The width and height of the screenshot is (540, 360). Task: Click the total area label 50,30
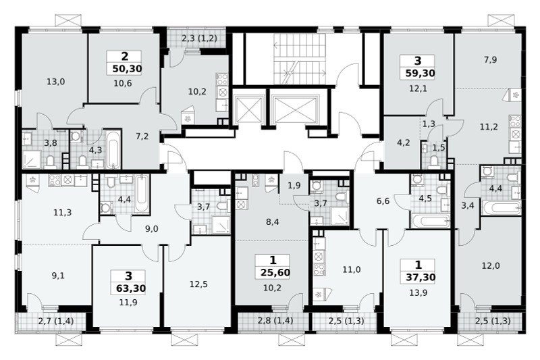pos(127,69)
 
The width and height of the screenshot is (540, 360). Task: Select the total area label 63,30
pos(131,288)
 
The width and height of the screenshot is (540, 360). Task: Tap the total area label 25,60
pos(275,273)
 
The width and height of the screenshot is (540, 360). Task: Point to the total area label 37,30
pos(421,278)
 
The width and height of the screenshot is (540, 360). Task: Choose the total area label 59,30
pos(420,74)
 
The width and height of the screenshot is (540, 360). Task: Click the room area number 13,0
pos(55,82)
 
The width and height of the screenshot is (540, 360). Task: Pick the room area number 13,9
pos(418,293)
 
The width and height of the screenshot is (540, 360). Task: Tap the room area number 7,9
pos(490,60)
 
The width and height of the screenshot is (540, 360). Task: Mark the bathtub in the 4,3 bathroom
pos(113,149)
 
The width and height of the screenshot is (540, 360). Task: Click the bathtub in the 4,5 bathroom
pos(431,221)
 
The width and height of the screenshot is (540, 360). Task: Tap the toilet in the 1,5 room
pos(434,162)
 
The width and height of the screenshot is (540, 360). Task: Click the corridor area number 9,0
pos(151,229)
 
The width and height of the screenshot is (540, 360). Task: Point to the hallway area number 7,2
pos(142,136)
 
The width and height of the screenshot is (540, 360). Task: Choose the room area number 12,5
pos(198,284)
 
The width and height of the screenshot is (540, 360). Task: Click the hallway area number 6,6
pos(383,201)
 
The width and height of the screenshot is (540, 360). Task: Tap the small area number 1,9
pos(294,185)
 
